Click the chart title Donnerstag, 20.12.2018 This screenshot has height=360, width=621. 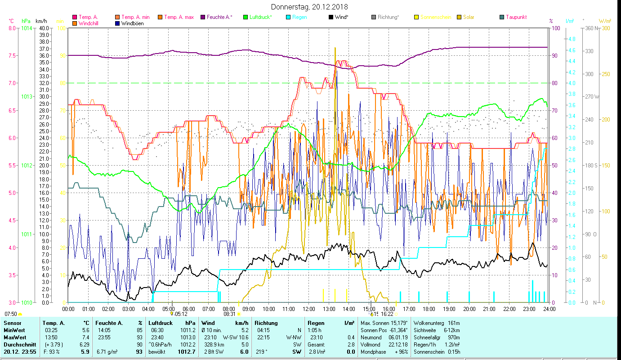click(310, 7)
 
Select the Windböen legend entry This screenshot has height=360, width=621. click(132, 23)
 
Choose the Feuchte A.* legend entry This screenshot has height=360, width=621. click(219, 17)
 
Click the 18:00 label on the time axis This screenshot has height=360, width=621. click(429, 309)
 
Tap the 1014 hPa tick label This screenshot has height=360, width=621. click(27, 28)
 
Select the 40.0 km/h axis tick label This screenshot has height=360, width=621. click(44, 28)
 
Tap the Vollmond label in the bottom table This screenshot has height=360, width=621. click(371, 344)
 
